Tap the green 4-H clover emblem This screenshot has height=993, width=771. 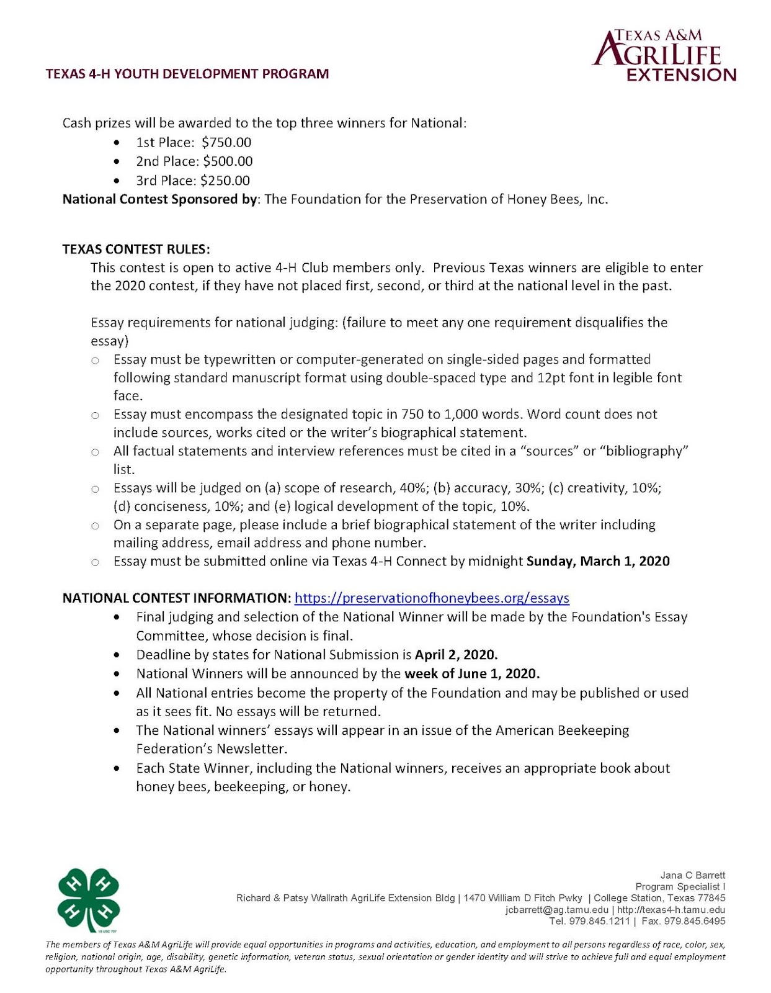(88, 900)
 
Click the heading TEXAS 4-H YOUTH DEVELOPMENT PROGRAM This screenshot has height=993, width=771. (187, 74)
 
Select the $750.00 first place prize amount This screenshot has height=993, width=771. (226, 142)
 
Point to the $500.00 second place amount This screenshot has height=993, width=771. (228, 161)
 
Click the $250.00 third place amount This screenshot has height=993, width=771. (225, 181)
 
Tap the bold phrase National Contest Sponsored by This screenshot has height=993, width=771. (159, 199)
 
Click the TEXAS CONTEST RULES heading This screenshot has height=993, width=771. (136, 249)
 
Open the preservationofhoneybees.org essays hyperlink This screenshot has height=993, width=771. (432, 598)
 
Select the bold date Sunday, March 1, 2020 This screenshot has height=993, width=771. (598, 562)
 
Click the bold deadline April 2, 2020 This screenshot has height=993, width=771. (456, 655)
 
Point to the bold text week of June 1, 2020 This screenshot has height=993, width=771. (472, 674)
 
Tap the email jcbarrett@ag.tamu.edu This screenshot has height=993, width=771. (556, 910)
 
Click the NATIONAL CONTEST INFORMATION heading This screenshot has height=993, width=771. (176, 598)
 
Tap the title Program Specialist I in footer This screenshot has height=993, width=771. (680, 886)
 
